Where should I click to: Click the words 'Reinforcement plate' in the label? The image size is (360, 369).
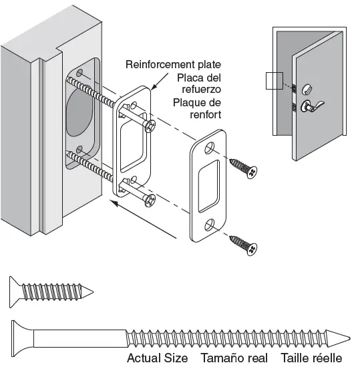tap(173, 65)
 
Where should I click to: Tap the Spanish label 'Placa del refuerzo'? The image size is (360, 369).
tap(198, 84)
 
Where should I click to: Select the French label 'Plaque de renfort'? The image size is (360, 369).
tap(196, 108)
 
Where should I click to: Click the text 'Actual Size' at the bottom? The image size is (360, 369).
tap(157, 358)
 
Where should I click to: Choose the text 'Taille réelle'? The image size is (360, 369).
tap(311, 358)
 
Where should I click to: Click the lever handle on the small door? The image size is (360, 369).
tap(311, 104)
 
